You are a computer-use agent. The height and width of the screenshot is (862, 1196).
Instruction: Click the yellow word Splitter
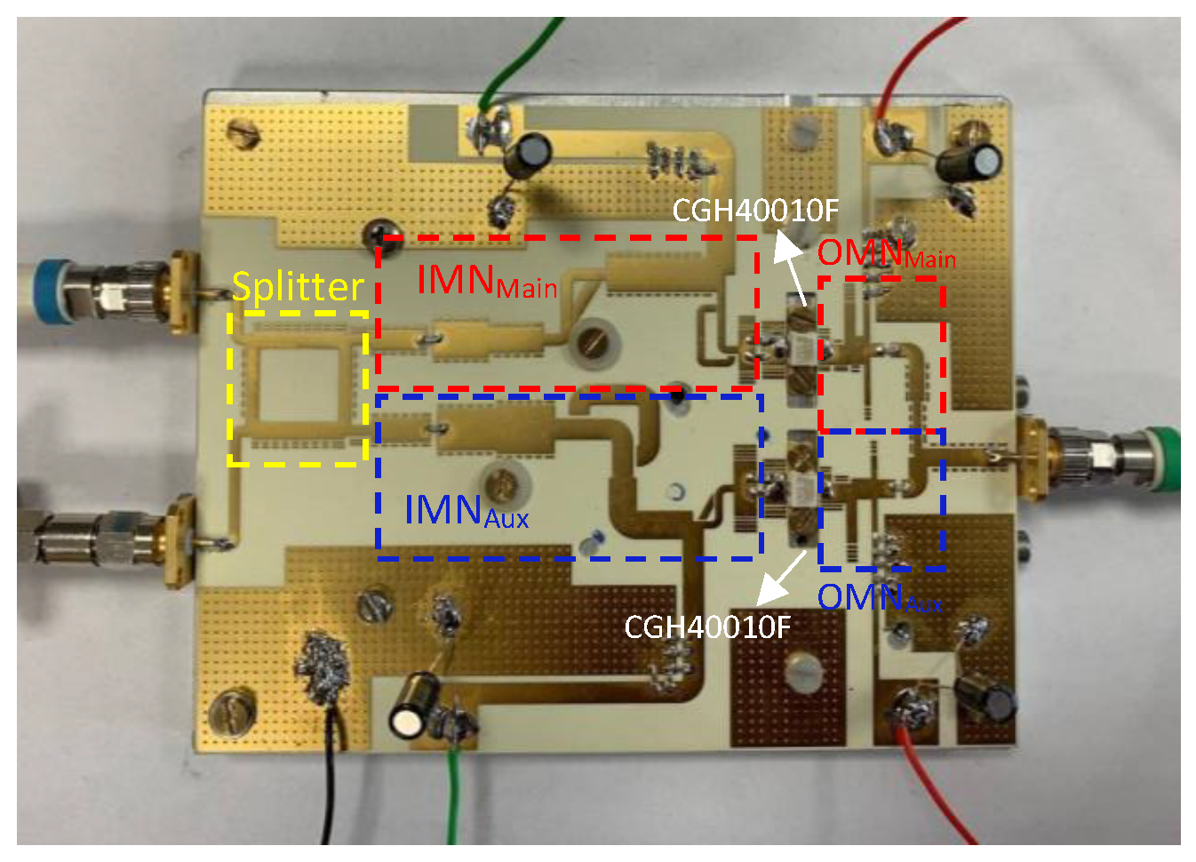298,287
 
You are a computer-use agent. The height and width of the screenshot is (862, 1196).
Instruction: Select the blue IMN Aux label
466,511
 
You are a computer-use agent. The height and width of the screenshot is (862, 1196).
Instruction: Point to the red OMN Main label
886,254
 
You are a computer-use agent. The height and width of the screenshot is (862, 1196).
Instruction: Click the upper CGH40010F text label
754,211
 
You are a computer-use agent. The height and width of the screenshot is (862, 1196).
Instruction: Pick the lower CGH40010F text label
707,627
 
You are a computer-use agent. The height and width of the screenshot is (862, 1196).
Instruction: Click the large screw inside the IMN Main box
592,342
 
